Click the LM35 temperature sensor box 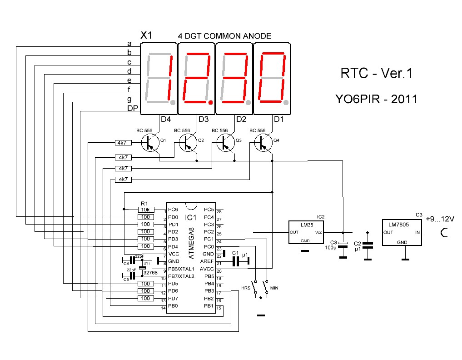tap(306, 233)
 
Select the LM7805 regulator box tap(402, 233)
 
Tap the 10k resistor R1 tap(146, 210)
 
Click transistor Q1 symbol tap(148, 142)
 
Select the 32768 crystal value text tap(150, 273)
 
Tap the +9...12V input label tap(440, 219)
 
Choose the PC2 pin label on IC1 tap(209, 232)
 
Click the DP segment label tap(131, 108)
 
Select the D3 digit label tap(203, 119)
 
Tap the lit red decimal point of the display tap(210, 103)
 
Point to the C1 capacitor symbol tap(236, 261)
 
